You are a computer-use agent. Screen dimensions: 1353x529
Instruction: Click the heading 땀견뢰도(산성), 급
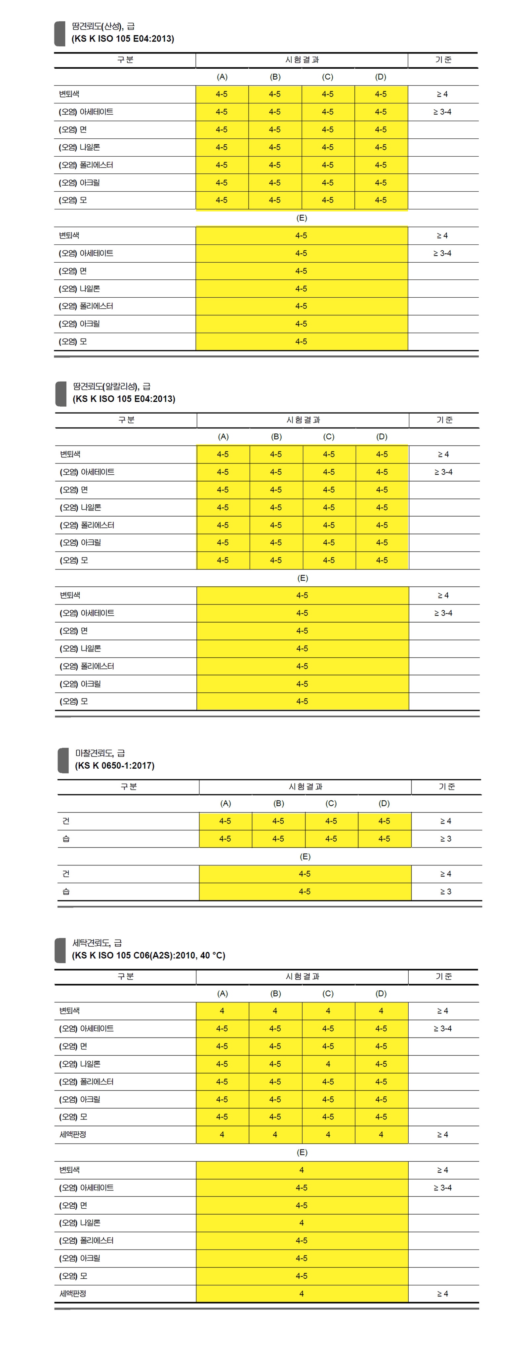[x=103, y=26]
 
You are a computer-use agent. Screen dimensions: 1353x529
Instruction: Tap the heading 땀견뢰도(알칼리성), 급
[x=111, y=386]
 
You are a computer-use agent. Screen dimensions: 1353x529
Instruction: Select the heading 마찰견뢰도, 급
[x=100, y=753]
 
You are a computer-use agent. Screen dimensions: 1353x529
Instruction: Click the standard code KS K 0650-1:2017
[x=115, y=766]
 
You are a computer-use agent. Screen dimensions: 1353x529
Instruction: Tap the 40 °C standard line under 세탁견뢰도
[x=148, y=955]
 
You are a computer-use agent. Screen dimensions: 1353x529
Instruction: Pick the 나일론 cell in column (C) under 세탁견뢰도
[x=328, y=1064]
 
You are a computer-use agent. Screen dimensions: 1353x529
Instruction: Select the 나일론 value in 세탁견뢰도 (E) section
[x=301, y=1223]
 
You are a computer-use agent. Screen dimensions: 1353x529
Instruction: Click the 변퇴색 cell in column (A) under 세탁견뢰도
[x=222, y=1010]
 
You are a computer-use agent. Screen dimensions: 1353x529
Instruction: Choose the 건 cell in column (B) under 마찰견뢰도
[x=278, y=821]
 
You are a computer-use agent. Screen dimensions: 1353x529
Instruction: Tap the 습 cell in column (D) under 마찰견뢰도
[x=385, y=839]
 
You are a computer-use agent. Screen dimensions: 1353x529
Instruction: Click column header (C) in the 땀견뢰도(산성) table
[x=328, y=77]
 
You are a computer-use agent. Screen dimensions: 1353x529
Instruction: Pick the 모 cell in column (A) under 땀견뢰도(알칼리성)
[x=223, y=561]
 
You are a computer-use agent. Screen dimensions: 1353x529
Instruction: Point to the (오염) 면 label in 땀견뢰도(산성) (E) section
[x=73, y=271]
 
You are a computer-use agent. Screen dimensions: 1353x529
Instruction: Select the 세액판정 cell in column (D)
[x=381, y=1135]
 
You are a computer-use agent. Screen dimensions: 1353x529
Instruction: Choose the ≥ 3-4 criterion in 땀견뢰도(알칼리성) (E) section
[x=443, y=613]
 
